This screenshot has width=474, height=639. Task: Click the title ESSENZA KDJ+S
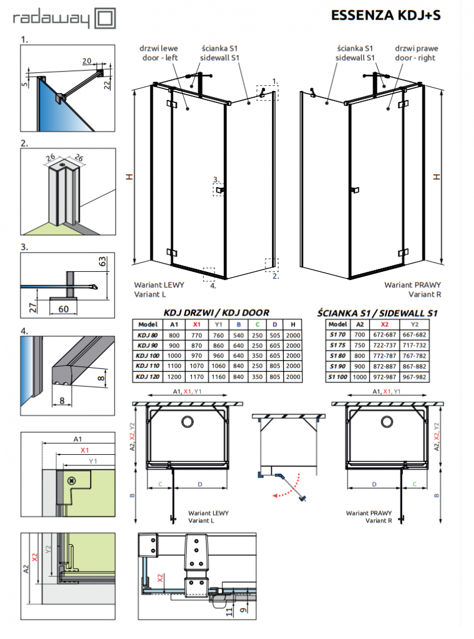[386, 16]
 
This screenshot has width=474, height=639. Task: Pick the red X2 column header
[385, 324]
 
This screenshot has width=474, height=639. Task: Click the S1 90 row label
[337, 367]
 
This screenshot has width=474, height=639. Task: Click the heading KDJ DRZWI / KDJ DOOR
[216, 312]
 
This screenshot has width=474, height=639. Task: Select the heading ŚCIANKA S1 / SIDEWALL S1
[377, 312]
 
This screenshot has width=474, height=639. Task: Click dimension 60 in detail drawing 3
[63, 309]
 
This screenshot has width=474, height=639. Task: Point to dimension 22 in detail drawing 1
[107, 85]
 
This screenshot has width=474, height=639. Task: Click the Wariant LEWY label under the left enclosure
[159, 285]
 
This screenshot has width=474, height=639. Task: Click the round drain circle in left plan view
[187, 422]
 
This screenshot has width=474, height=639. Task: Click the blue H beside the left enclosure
[128, 177]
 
